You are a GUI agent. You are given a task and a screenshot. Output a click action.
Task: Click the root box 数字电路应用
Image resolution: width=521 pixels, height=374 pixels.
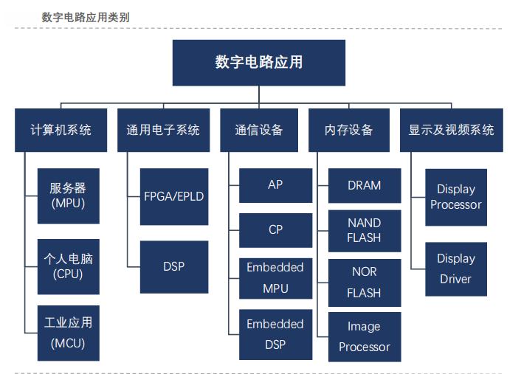pos(259,63)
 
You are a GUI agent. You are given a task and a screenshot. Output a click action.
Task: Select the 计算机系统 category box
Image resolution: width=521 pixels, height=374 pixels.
pos(61,131)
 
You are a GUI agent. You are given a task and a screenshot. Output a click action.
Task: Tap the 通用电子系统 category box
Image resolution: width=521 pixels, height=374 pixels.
pos(164,131)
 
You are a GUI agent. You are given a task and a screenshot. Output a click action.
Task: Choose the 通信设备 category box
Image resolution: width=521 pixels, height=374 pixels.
pos(259,131)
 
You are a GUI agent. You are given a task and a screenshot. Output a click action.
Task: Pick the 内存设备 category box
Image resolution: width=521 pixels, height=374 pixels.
pos(349,131)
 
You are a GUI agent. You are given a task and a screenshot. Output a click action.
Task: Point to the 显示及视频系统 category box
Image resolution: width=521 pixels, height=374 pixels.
pos(452,131)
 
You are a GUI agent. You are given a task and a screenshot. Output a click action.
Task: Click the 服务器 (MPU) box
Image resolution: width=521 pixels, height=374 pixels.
pos(69,196)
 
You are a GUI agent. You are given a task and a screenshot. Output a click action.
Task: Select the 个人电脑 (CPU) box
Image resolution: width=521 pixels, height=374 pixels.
pos(69,267)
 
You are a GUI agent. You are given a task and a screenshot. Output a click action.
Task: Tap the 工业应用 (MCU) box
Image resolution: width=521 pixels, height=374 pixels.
pos(69,333)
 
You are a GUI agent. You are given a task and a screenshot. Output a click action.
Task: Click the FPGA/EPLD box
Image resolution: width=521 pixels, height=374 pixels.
pos(174,197)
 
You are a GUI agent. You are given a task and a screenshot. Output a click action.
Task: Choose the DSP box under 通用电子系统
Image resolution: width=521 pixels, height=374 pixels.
pos(174,267)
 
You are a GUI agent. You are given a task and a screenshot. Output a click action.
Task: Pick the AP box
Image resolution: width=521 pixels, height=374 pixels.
pos(276,185)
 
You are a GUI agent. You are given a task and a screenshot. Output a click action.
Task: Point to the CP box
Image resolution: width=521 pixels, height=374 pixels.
pos(276,230)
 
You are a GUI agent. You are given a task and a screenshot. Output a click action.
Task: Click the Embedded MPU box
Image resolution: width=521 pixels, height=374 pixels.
pos(276,278)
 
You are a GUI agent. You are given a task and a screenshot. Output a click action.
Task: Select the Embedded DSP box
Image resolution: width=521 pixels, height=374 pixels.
pos(276,334)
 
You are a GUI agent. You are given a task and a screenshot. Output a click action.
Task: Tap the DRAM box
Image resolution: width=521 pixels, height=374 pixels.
pos(365,186)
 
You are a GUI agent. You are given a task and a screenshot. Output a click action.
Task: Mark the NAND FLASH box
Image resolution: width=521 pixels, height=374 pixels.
pos(365,231)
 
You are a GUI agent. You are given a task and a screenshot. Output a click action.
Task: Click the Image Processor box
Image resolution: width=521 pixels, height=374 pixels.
pos(365,337)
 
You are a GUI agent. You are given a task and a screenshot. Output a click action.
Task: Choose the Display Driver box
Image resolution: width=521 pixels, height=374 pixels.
pos(456,269)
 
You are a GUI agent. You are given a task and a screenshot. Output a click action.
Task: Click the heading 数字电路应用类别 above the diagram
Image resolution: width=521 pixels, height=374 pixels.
pos(86,17)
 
